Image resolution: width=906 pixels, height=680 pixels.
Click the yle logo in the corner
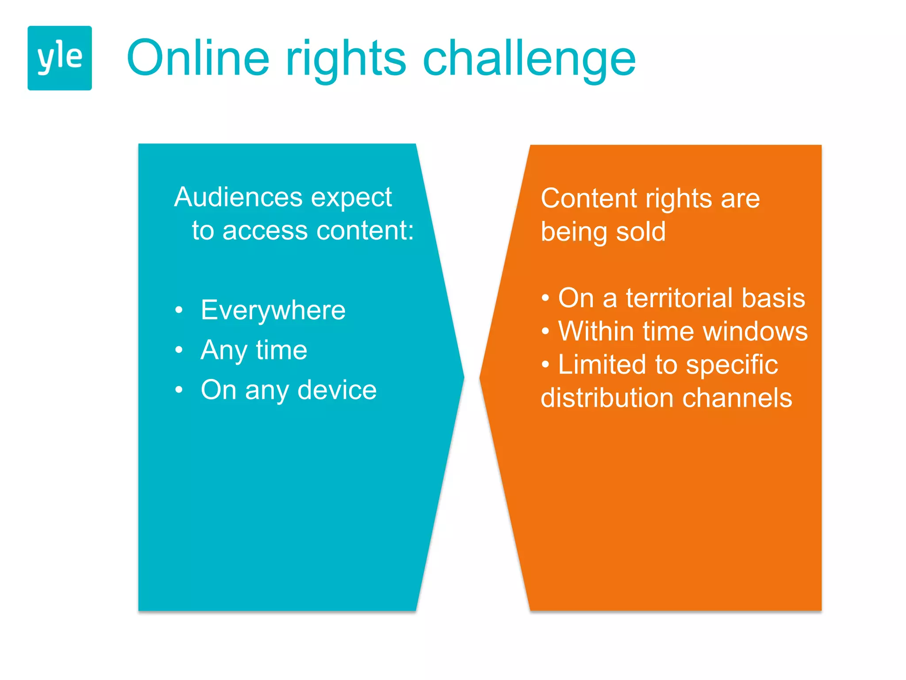coord(60,58)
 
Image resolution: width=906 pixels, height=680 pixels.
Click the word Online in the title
coord(198,58)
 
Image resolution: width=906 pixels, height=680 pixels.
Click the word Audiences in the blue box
coord(238,197)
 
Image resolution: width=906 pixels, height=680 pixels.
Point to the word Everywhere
coord(273,310)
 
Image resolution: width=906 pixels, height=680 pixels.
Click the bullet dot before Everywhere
coord(179,310)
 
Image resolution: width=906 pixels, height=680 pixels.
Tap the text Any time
coord(253,350)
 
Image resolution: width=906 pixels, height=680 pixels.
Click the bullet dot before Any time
coord(179,350)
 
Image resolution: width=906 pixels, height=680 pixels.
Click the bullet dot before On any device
coord(179,390)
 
